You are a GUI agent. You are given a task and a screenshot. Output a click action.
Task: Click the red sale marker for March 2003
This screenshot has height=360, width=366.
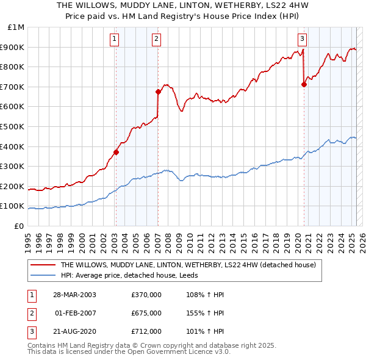tap(116, 153)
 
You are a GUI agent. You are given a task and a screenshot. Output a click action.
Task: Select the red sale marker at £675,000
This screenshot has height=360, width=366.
tap(158, 92)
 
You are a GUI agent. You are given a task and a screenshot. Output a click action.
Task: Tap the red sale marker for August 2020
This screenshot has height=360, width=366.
tap(304, 85)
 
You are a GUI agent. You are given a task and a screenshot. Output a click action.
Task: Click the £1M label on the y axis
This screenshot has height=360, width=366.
tap(16, 27)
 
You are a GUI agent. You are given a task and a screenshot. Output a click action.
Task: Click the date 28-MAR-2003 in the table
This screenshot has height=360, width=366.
tap(74, 295)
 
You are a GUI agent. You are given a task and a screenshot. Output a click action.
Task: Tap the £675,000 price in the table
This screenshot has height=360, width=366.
tap(146, 313)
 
